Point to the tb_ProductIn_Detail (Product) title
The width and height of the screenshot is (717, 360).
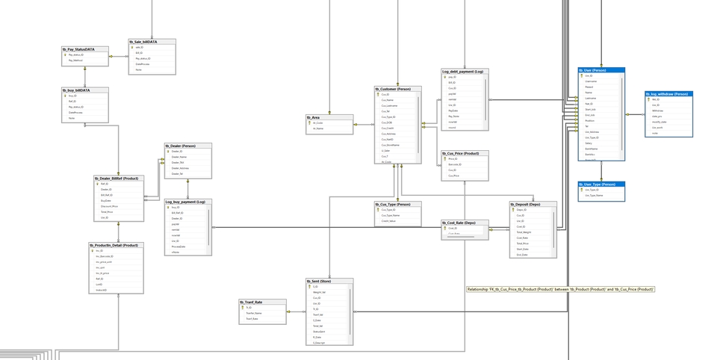pyautogui.click(x=114, y=245)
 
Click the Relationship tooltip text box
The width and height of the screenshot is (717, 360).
pyautogui.click(x=561, y=289)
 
